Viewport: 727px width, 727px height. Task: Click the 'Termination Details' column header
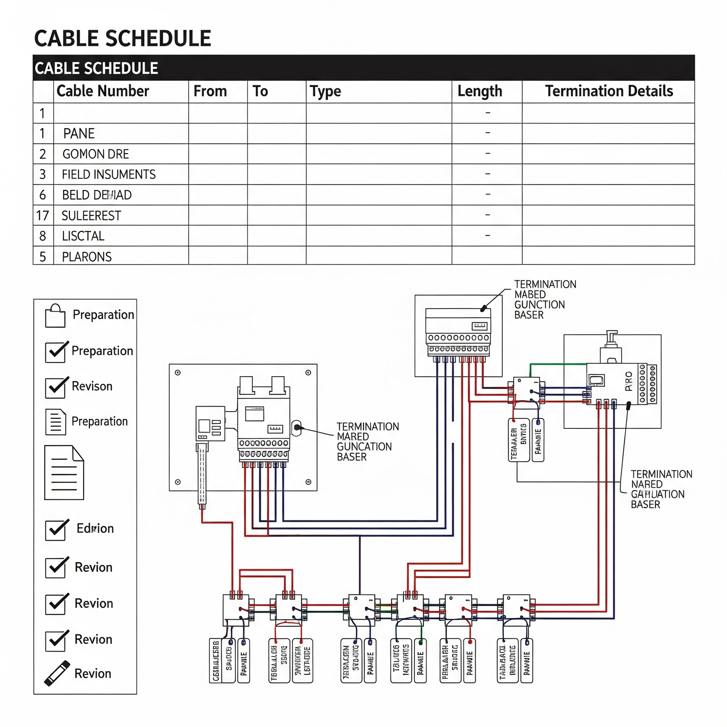pyautogui.click(x=609, y=91)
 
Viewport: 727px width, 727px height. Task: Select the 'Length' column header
pyautogui.click(x=480, y=91)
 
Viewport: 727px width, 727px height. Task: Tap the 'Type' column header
pyautogui.click(x=325, y=91)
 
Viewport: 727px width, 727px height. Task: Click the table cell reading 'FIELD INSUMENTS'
pyautogui.click(x=109, y=174)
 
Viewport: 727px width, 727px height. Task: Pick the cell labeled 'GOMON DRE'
pyautogui.click(x=95, y=154)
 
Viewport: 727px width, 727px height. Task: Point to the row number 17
pyautogui.click(x=42, y=215)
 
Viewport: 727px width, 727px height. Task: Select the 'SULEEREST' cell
pyautogui.click(x=91, y=215)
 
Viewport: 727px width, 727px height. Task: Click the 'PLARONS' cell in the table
pyautogui.click(x=87, y=257)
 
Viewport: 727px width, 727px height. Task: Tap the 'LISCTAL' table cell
pyautogui.click(x=83, y=236)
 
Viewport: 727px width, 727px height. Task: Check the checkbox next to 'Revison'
pyautogui.click(x=56, y=388)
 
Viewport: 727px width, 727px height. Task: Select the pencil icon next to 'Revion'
pyautogui.click(x=57, y=673)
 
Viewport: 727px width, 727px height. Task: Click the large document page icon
pyautogui.click(x=64, y=473)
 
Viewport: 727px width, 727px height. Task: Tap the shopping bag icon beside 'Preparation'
pyautogui.click(x=55, y=316)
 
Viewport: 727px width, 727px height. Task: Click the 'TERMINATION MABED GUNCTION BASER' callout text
pyautogui.click(x=544, y=299)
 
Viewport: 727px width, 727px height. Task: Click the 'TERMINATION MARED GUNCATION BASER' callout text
pyautogui.click(x=367, y=442)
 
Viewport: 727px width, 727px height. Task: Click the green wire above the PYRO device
pyautogui.click(x=558, y=364)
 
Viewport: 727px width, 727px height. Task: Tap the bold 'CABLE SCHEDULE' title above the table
pyautogui.click(x=123, y=39)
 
